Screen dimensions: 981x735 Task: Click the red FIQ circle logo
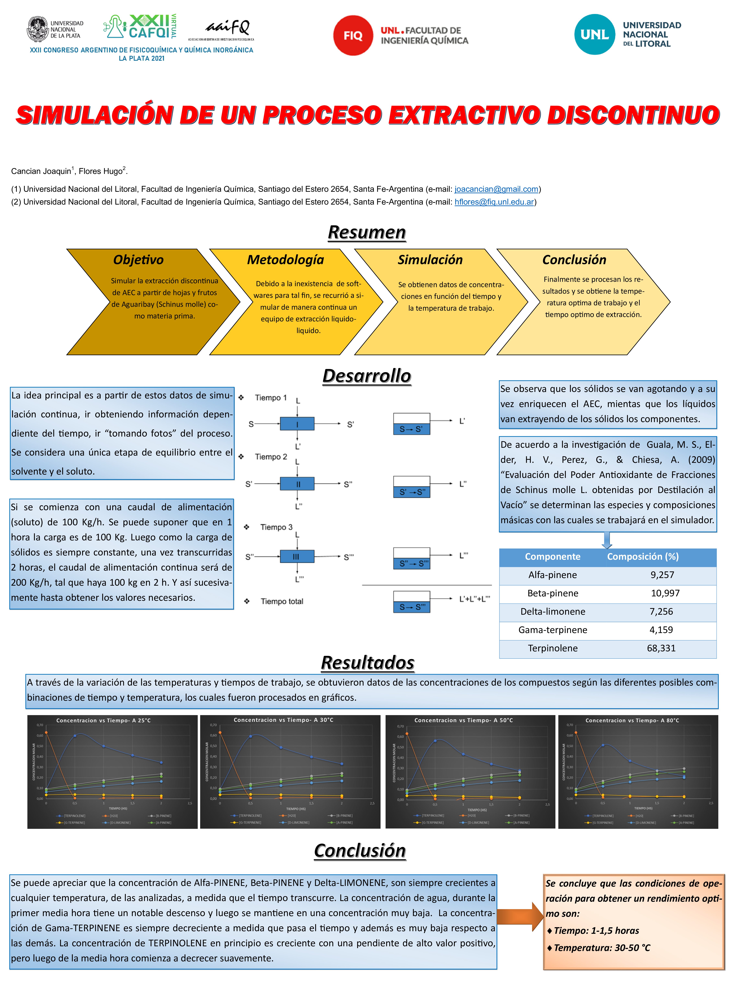[353, 36]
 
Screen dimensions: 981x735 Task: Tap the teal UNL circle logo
[594, 35]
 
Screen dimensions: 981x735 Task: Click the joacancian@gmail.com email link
[496, 189]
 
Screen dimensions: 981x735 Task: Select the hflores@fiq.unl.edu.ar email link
[494, 202]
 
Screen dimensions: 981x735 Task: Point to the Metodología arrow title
[285, 259]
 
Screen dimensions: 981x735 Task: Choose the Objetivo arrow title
[138, 259]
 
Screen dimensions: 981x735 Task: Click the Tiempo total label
[282, 601]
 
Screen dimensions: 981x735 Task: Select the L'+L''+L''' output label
[475, 599]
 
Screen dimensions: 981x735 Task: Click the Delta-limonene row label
[553, 612]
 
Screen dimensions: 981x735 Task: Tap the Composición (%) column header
[642, 557]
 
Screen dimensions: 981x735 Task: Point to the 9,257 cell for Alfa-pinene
[662, 575]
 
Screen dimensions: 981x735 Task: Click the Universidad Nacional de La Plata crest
[38, 29]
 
